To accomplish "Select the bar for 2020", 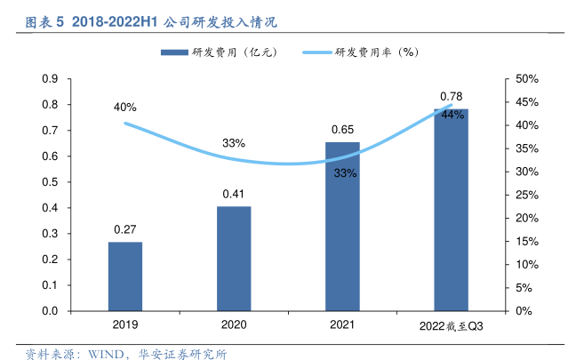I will point(234,259).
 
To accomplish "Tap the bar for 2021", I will point(342,227).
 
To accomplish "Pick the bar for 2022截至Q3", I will point(451,210).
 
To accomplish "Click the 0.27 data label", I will point(124,229).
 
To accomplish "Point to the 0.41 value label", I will point(234,194).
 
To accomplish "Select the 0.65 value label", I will point(342,130).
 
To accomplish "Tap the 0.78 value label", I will point(452,96).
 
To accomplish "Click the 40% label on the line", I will point(124,108).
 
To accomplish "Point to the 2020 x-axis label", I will point(234,325).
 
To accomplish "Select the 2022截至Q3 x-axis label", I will point(451,326).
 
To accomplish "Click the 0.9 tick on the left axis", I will point(50,79).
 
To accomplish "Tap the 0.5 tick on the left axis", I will point(50,182).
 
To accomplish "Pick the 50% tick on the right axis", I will point(528,79).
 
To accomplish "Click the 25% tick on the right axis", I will point(528,195).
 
